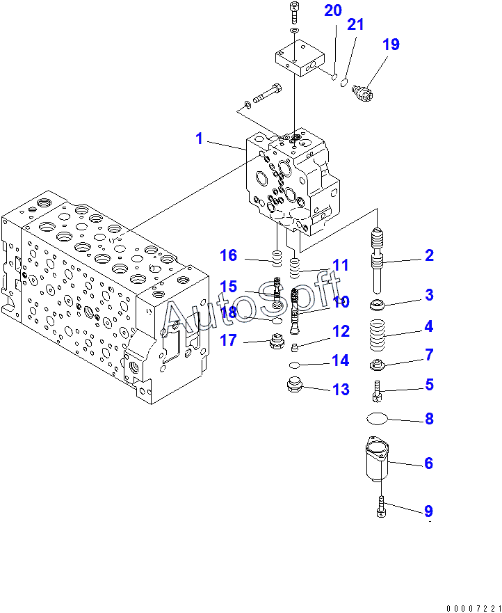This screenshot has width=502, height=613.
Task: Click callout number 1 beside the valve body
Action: pos(200,138)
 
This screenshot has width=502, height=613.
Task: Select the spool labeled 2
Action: pos(378,260)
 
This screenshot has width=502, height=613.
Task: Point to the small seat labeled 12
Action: pos(295,347)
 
